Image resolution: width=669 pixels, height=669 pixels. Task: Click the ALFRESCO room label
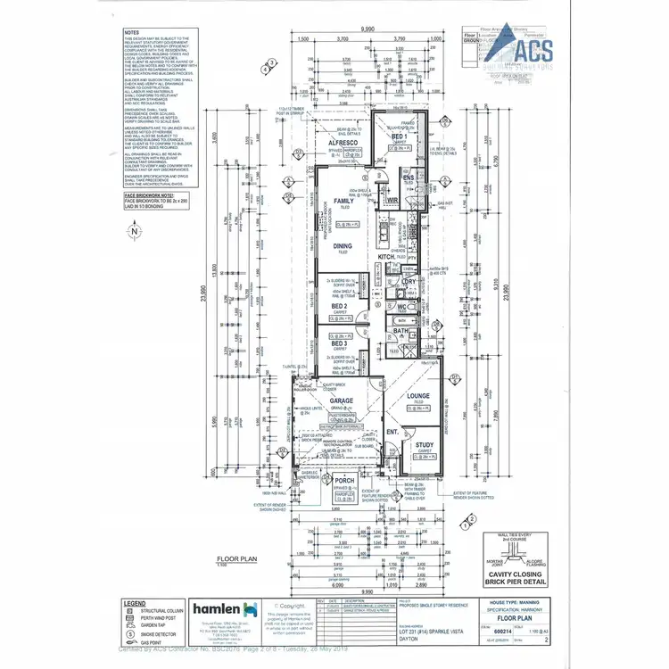coord(342,142)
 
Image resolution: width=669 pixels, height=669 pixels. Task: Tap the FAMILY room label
coord(343,201)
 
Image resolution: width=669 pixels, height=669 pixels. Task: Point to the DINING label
coord(343,246)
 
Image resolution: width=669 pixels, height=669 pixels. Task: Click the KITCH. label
coord(385,257)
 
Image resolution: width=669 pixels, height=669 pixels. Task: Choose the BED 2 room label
coord(340,306)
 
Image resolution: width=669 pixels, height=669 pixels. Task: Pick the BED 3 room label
coord(339,343)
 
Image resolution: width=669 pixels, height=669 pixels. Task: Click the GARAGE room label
coord(342,401)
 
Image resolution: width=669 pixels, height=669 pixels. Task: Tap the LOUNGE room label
coord(418,395)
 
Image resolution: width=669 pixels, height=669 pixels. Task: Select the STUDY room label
coord(424,446)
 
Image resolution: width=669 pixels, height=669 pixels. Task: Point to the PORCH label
coord(344,480)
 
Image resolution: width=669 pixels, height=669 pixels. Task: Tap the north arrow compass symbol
coord(134,231)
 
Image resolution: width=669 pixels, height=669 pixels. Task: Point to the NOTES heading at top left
coord(133,31)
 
